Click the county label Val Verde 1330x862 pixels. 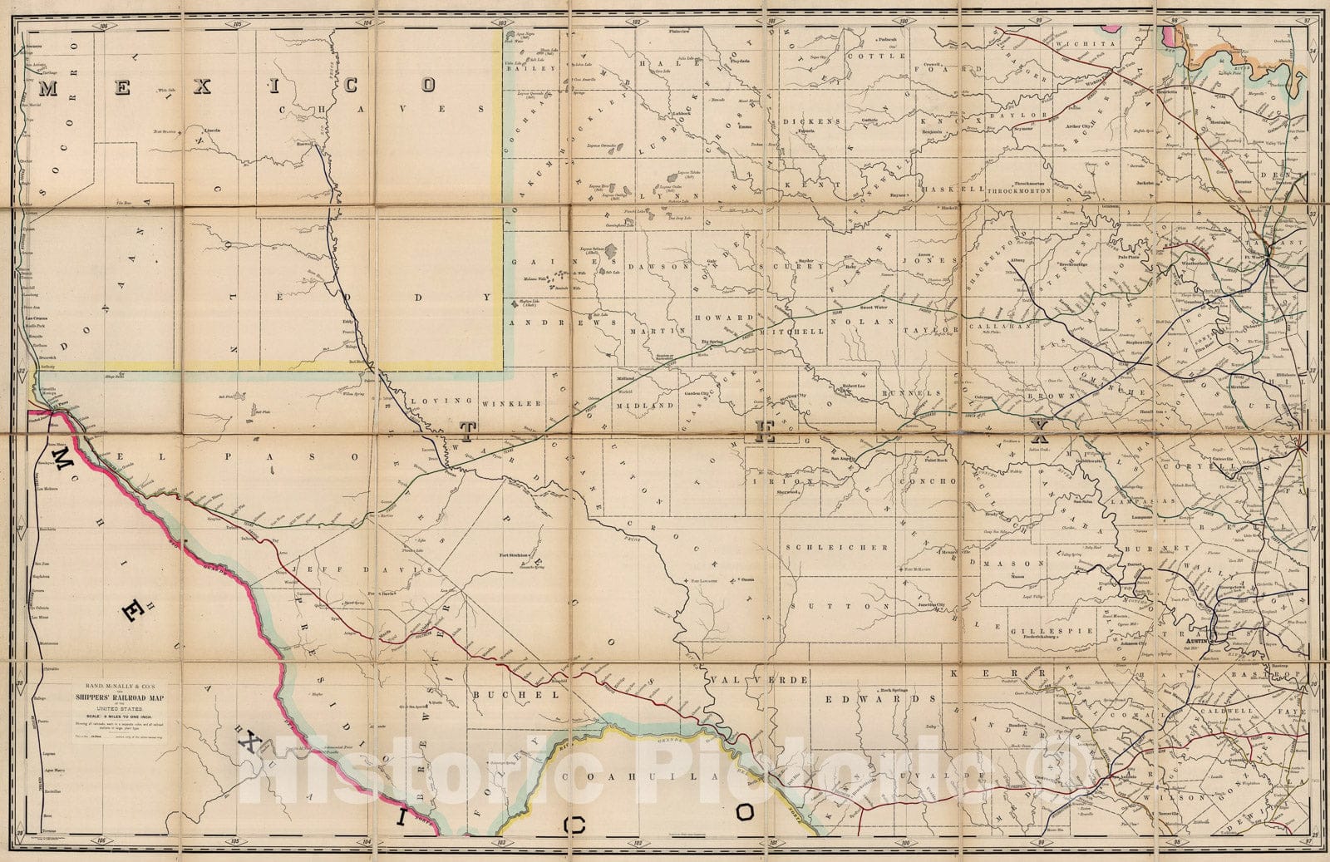point(759,680)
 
